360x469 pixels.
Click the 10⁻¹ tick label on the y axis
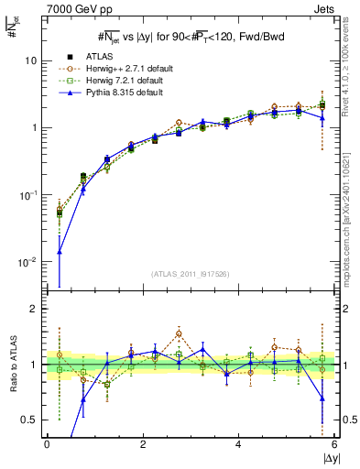[x=29, y=195]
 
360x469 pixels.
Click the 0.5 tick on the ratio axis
[x=29, y=420]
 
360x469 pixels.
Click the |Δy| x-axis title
[x=325, y=458]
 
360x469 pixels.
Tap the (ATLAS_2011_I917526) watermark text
[x=191, y=274]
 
